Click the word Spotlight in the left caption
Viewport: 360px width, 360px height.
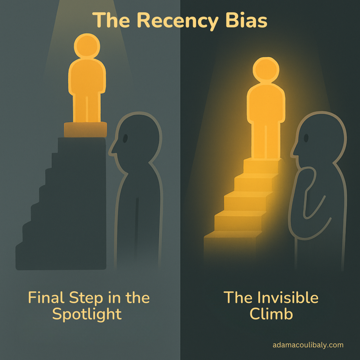[x=87, y=314]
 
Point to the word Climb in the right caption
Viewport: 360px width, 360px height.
[x=271, y=314]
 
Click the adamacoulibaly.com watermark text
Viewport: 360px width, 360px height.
[x=308, y=345]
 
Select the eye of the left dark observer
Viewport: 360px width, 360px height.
[x=125, y=138]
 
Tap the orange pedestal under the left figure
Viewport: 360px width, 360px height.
[x=85, y=130]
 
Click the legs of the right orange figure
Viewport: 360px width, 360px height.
[x=266, y=140]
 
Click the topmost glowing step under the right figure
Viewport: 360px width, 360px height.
[x=263, y=163]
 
